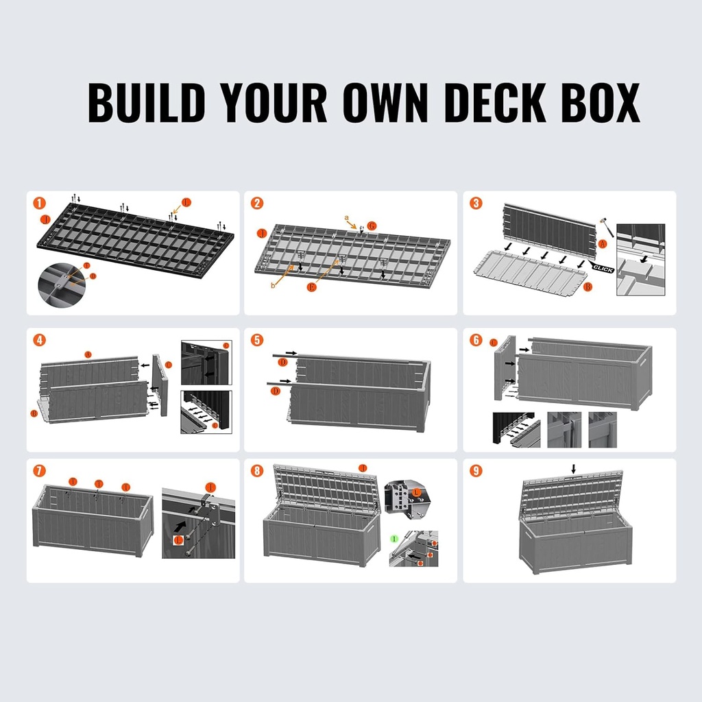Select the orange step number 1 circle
point(40,203)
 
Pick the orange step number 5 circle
point(257,340)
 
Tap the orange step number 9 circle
point(476,470)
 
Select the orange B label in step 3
point(588,287)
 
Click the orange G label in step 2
point(372,226)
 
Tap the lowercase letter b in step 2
point(273,285)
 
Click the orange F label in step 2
point(311,287)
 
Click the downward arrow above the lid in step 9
point(574,469)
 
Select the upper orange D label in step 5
point(282,361)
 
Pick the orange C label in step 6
point(494,341)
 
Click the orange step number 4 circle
point(40,340)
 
